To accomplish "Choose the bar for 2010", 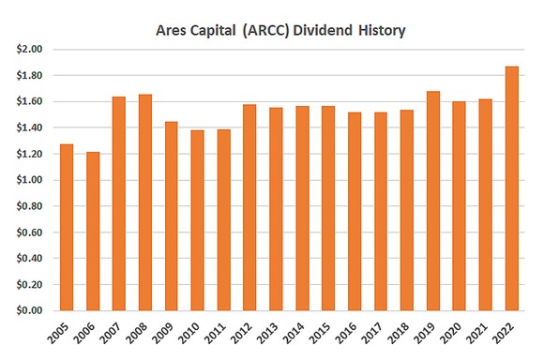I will pos(198,220).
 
